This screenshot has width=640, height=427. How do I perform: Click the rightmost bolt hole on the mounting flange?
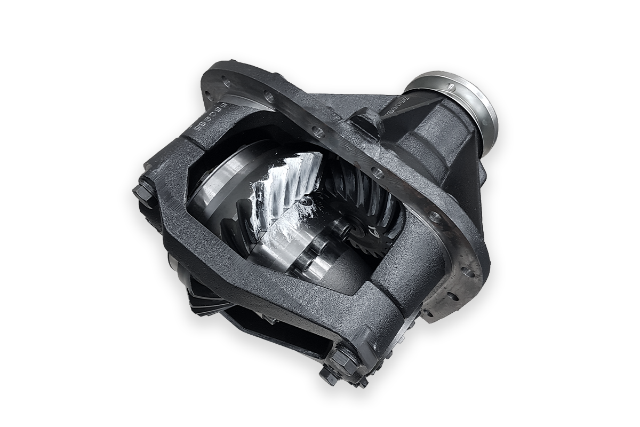tap(470, 273)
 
